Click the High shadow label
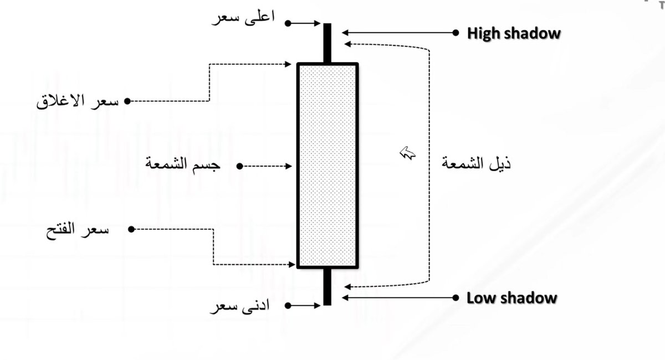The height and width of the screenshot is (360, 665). tap(514, 33)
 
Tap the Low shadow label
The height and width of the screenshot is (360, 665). tap(511, 297)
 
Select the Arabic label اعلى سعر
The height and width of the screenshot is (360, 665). tap(243, 18)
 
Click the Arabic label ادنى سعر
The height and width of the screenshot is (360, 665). tap(239, 306)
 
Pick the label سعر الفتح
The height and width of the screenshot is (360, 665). tap(77, 229)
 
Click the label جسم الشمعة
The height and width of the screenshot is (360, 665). tap(183, 164)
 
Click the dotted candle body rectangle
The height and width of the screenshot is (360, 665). tap(328, 166)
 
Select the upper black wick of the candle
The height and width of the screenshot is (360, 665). tap(328, 43)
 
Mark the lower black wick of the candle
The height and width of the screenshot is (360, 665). tap(328, 286)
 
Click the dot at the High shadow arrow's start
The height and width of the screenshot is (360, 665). tap(456, 33)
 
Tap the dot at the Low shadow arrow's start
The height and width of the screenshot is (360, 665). tap(456, 297)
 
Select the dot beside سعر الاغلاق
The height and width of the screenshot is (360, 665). tap(127, 101)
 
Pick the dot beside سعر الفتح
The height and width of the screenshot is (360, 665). tap(131, 229)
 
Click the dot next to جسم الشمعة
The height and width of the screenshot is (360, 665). tap(239, 166)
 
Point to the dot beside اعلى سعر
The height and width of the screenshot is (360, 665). tap(288, 23)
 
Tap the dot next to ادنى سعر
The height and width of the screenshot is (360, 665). tap(287, 305)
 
